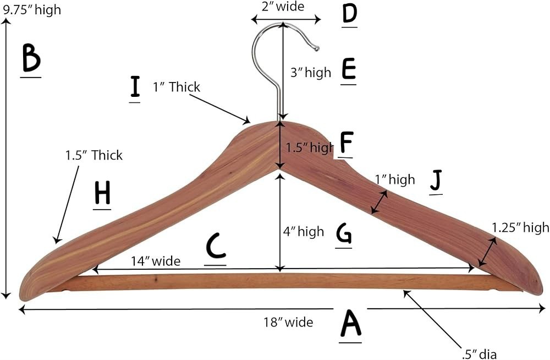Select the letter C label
pyautogui.click(x=216, y=247)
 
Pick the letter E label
pyautogui.click(x=348, y=70)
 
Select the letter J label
pyautogui.click(x=436, y=181)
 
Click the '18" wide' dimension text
pyautogui.click(x=288, y=322)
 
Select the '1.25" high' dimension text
pyautogui.click(x=520, y=227)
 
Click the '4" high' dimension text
pyautogui.click(x=304, y=232)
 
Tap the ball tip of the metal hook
pyautogui.click(x=316, y=48)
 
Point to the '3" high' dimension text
pyautogui.click(x=311, y=72)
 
